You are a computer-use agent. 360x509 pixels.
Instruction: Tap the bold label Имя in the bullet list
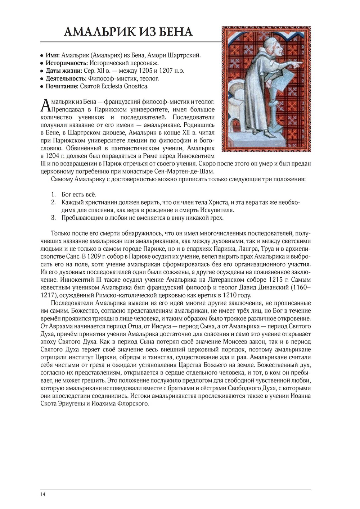coord(52,55)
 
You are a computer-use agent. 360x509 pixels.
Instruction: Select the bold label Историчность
coord(67,63)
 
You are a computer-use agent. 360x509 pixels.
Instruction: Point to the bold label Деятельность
coord(66,78)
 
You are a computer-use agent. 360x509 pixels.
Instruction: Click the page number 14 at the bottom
coord(43,494)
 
